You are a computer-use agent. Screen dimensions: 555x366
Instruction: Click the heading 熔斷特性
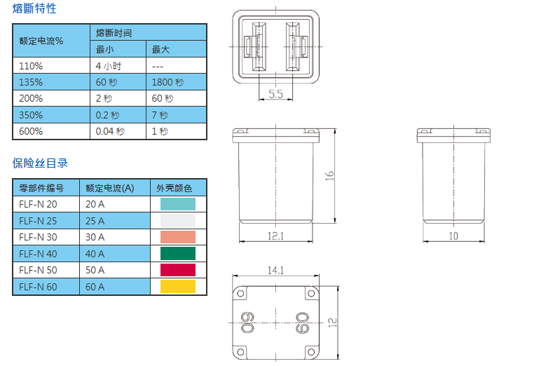[x=34, y=8]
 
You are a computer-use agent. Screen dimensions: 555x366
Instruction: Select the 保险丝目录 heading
[x=40, y=163]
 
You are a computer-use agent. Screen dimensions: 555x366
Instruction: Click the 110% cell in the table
[x=31, y=66]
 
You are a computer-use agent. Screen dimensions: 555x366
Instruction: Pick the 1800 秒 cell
[x=167, y=82]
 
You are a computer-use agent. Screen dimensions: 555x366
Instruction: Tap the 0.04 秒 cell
[x=110, y=131]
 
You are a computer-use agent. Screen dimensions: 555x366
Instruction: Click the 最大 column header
[x=160, y=50]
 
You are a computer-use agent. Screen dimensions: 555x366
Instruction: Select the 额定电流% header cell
[x=41, y=41]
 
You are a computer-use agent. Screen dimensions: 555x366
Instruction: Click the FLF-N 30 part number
[x=38, y=237]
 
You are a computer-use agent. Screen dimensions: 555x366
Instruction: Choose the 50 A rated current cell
[x=95, y=270]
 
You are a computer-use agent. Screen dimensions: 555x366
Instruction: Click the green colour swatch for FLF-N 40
[x=178, y=254]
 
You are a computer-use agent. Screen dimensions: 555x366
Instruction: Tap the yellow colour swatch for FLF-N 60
[x=178, y=287]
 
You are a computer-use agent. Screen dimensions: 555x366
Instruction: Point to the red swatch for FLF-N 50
[x=178, y=270]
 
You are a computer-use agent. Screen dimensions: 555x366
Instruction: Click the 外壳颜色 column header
[x=174, y=188]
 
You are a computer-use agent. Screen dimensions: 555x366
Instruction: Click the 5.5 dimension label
[x=275, y=94]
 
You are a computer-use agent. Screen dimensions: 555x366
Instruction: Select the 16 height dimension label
[x=329, y=176]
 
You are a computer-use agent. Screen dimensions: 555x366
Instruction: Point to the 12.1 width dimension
[x=275, y=236]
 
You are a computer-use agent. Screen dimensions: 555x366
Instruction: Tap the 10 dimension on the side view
[x=453, y=236]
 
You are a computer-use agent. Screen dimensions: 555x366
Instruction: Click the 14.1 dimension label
[x=275, y=271]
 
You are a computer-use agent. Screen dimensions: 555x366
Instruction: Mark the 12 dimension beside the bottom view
[x=332, y=323]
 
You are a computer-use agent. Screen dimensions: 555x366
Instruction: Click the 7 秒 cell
[x=160, y=115]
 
